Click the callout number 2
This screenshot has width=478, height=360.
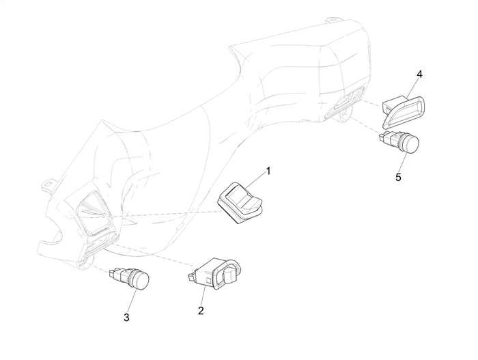tap(201, 310)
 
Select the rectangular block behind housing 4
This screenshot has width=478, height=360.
tap(391, 106)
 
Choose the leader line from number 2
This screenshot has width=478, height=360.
tap(202, 296)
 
